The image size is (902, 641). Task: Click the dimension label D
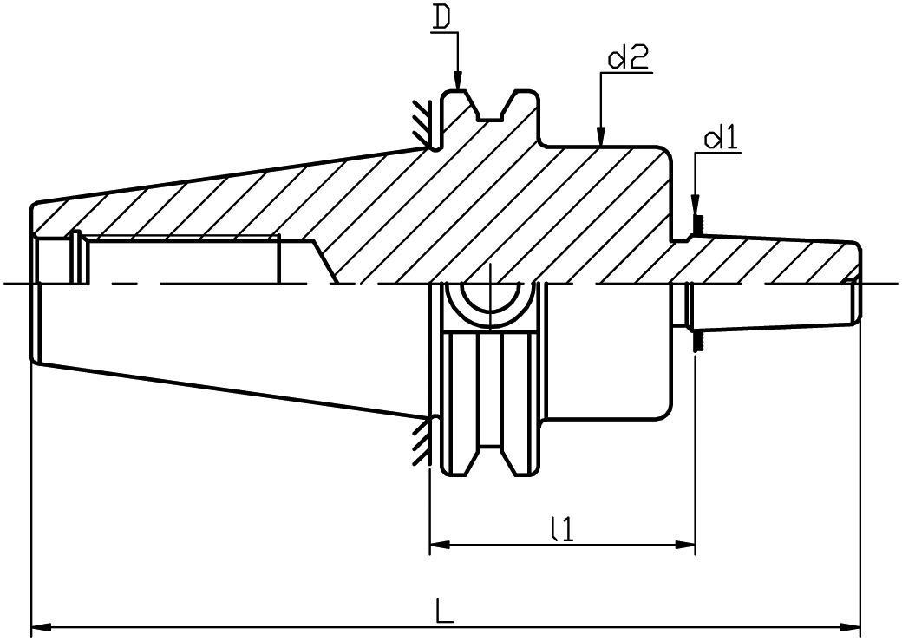pos(441,18)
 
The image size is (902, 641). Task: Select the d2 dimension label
pos(627,57)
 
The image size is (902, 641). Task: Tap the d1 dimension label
pos(722,140)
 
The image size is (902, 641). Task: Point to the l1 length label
pos(561,529)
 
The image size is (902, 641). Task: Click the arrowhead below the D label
pos(457,81)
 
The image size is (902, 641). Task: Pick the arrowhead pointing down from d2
pos(600,136)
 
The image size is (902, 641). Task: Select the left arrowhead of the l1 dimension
pos(440,543)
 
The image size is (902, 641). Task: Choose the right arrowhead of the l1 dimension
pos(685,543)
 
